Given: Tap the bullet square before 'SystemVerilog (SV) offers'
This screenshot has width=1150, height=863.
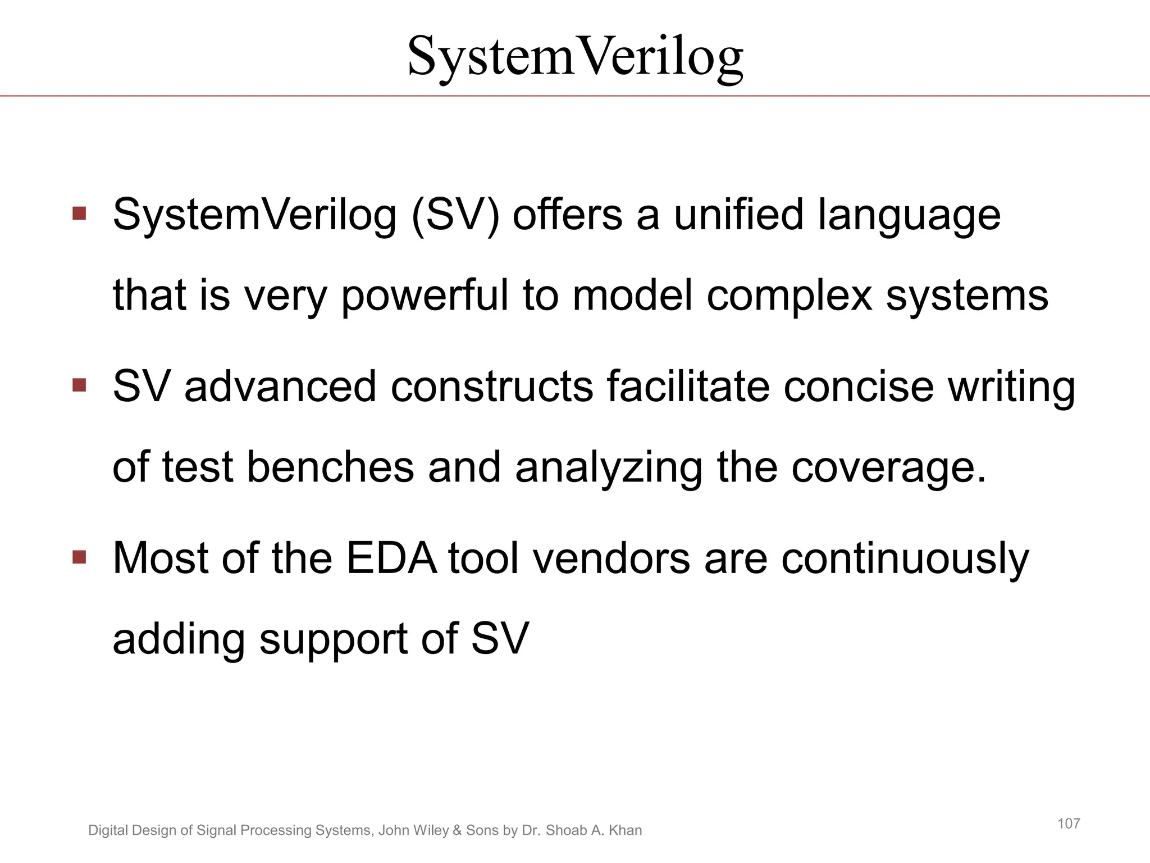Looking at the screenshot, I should pos(79,214).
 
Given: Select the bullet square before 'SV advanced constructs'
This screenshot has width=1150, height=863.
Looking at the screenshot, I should pos(79,385).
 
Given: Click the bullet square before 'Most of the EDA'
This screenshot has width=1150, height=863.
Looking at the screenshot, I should pos(79,557).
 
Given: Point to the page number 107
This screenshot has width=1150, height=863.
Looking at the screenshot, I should pos(1068,824).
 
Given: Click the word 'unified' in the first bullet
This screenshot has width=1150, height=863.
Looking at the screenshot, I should pos(739,215).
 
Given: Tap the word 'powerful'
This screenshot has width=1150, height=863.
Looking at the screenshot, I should pos(425,297).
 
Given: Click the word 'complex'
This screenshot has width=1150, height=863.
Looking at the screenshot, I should pos(789,297).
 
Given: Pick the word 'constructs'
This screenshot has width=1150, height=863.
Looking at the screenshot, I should pos(492,387).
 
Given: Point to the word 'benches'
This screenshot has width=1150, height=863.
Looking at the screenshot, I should pos(330,467).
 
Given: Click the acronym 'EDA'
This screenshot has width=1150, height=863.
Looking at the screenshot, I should pos(391,558).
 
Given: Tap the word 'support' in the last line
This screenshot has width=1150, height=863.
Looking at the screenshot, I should pos(334,641).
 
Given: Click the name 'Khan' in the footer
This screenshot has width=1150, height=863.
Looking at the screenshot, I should pos(625,830).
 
